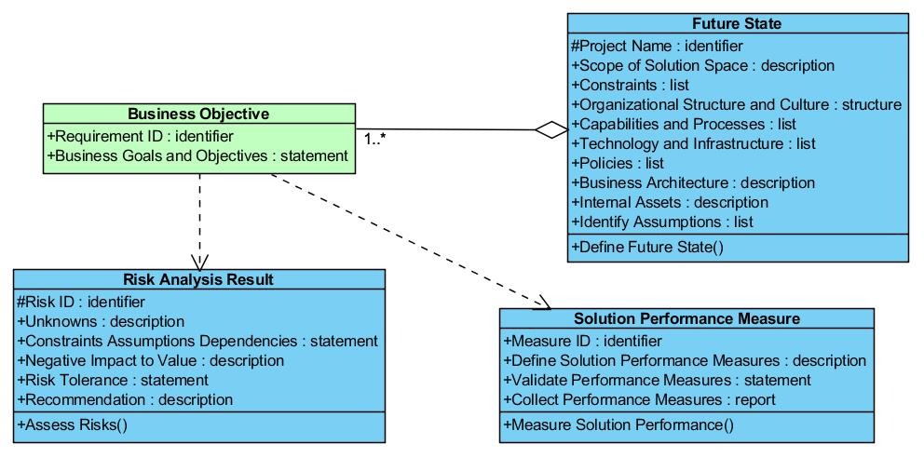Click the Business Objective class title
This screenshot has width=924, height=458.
(x=198, y=114)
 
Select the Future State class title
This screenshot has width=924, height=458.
(x=737, y=23)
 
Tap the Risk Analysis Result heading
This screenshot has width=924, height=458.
(x=198, y=279)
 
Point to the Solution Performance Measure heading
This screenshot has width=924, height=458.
(x=686, y=318)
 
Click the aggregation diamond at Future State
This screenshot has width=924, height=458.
(x=551, y=130)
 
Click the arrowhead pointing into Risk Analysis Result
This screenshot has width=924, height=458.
(x=199, y=263)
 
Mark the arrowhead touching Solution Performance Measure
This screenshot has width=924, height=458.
(x=543, y=303)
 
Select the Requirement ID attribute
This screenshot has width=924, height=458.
(x=141, y=137)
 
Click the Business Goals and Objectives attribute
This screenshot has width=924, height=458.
(x=197, y=156)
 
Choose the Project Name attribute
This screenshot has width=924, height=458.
(x=657, y=46)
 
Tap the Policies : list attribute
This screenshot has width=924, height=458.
(x=618, y=163)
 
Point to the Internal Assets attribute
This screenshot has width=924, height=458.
(x=670, y=203)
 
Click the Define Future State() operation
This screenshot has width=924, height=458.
(x=647, y=247)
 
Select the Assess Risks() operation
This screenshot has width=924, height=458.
(x=73, y=424)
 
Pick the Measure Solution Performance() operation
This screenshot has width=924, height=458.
(x=618, y=424)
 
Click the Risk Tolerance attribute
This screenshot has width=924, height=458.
(x=113, y=380)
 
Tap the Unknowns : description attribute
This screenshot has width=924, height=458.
(x=101, y=321)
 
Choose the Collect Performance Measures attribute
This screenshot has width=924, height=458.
(x=639, y=399)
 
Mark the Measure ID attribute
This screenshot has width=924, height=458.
(x=583, y=341)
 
